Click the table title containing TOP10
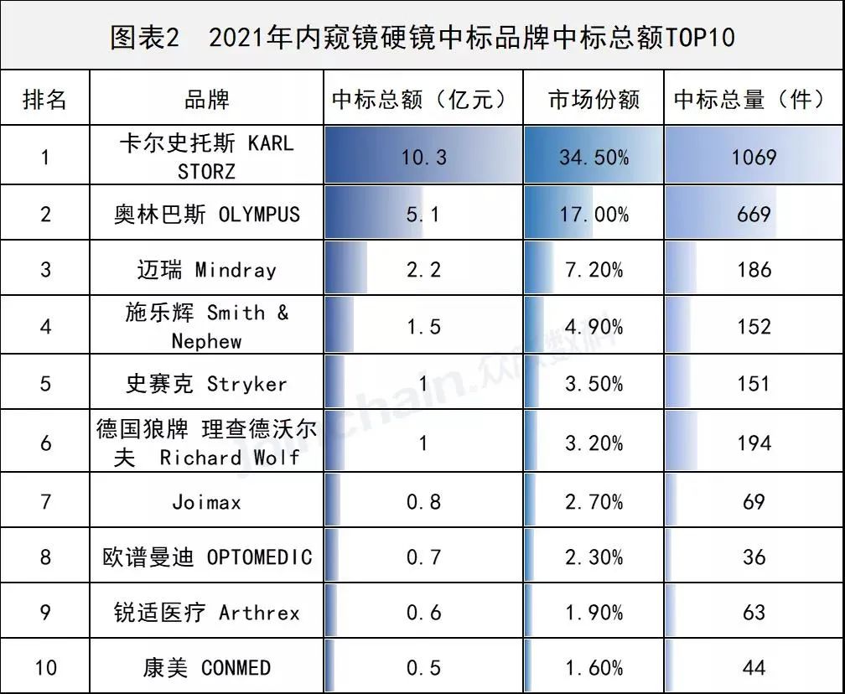point(422,37)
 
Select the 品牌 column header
point(206,100)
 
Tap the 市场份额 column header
point(594,100)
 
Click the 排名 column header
point(44,100)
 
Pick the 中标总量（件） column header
point(753,100)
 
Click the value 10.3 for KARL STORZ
point(423,157)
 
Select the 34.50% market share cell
point(594,157)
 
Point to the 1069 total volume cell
point(754,157)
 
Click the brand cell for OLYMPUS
point(206,214)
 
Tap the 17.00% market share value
point(594,214)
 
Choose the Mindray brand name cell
point(206,270)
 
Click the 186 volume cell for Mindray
point(754,270)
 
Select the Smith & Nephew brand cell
point(206,326)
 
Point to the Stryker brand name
point(206,384)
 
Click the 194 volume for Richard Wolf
point(754,442)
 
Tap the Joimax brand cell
point(206,501)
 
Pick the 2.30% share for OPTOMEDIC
point(594,557)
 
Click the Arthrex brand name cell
point(206,613)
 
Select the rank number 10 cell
point(44,667)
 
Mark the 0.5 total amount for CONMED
point(423,667)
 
